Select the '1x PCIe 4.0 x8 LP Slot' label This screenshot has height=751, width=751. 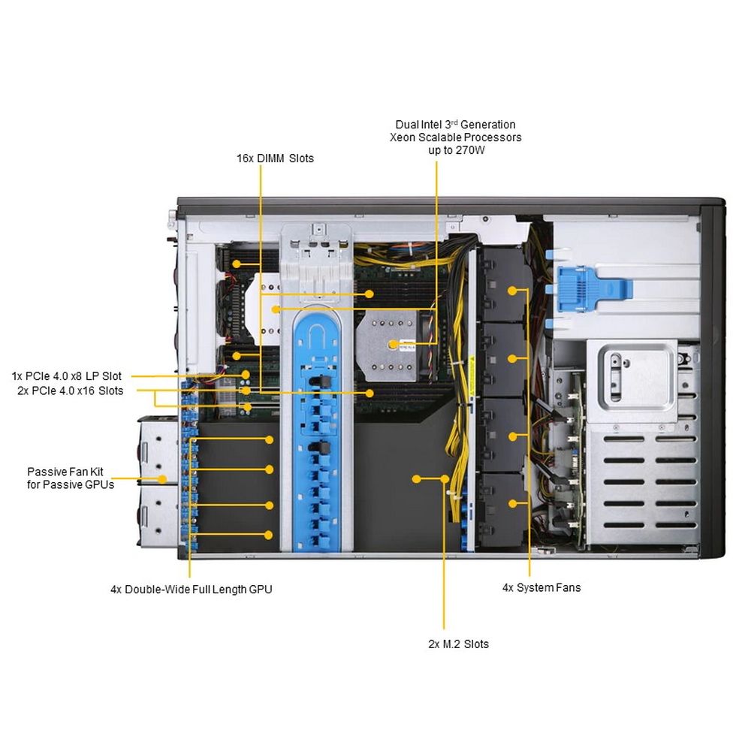[x=66, y=375]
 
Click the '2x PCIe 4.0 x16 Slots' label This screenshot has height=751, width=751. [x=70, y=391]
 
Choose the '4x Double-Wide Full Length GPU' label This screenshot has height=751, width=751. [x=191, y=590]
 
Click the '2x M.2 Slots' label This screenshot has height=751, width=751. [x=458, y=644]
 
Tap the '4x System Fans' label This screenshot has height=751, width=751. [x=541, y=587]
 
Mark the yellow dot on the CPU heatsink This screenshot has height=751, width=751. [x=393, y=344]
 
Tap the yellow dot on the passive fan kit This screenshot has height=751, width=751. [x=161, y=478]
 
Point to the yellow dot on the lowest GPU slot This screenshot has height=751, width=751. [x=269, y=535]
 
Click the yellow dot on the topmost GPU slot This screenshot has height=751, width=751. [x=269, y=439]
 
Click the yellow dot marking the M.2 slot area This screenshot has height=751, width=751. [x=417, y=478]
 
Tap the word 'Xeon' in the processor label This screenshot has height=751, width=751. [x=403, y=137]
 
